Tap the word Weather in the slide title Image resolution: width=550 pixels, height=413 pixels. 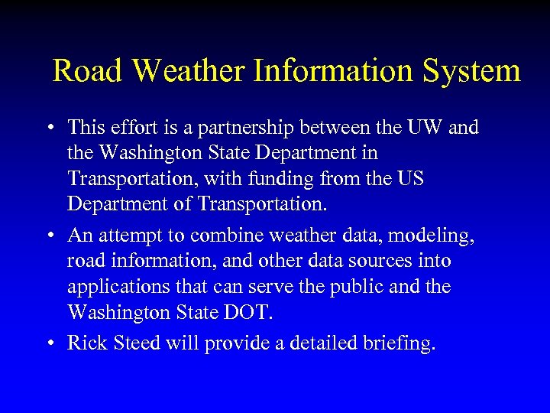189,71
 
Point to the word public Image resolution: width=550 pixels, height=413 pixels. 390,287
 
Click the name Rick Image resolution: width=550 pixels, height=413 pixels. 86,343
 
